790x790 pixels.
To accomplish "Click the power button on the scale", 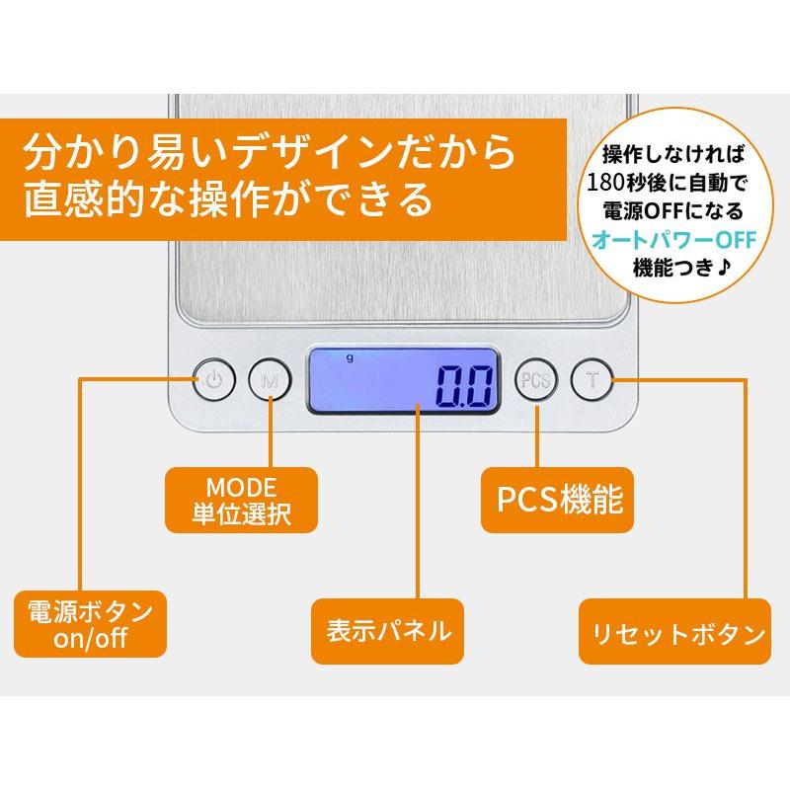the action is [214, 379].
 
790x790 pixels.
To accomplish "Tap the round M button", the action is [270, 379].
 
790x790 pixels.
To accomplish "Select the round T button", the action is [592, 379].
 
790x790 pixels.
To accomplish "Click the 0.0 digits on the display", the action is [464, 386].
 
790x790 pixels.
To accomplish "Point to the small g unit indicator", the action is [350, 357].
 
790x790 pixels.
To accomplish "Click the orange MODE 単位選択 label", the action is [241, 500].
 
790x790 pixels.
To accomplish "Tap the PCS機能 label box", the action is [557, 500].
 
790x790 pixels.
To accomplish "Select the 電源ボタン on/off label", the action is [90, 624].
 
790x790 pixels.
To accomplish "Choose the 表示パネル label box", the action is [387, 631].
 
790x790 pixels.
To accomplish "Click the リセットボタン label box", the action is [675, 631].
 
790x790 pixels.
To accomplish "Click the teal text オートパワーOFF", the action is [674, 240].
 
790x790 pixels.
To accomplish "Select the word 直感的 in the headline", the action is [83, 199].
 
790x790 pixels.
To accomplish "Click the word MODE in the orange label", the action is [241, 487].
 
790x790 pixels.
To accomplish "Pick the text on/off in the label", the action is [90, 638].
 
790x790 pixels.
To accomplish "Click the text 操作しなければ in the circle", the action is [673, 154].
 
